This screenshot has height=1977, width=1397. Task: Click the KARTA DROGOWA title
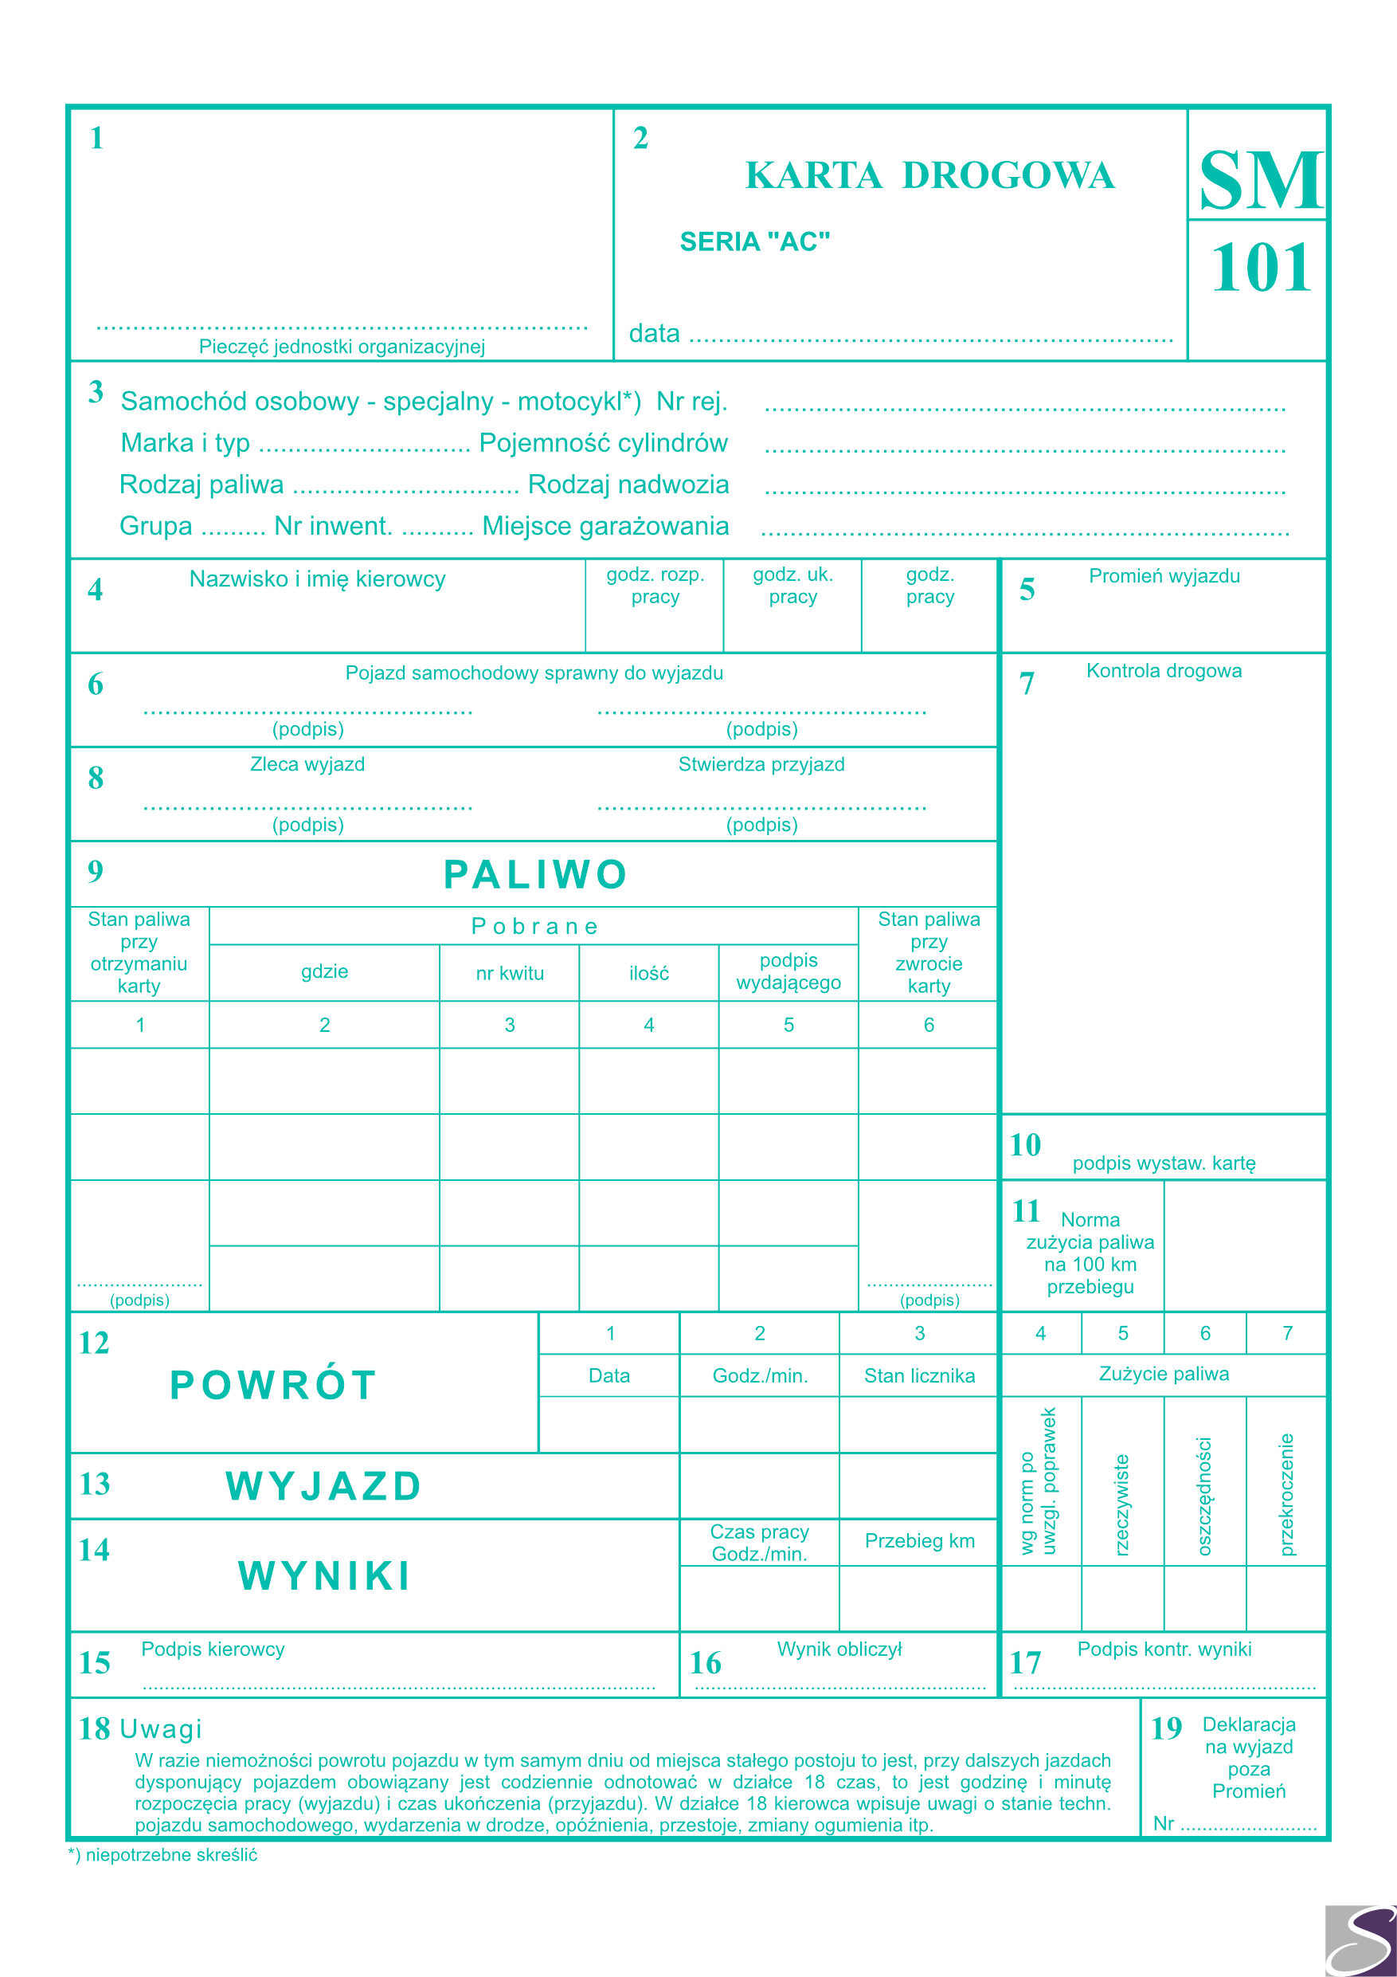929,175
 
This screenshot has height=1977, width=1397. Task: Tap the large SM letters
1260,181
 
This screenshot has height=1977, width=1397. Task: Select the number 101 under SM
1260,268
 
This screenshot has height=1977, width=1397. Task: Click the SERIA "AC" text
755,242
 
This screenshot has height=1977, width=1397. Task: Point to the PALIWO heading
534,875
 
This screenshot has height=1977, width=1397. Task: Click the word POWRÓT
273,1386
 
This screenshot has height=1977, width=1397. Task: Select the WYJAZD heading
323,1486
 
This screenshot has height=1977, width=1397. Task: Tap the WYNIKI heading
324,1575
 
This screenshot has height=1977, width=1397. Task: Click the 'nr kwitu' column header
510,973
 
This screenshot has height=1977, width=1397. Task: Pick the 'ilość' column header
649,973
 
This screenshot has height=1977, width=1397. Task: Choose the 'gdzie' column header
324,971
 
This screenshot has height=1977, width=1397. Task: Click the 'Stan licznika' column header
919,1376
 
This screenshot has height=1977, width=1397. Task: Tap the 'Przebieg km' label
919,1540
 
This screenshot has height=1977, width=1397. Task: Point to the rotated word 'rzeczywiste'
1121,1505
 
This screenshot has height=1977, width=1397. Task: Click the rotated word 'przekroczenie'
1287,1495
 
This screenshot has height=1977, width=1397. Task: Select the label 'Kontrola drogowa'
1164,671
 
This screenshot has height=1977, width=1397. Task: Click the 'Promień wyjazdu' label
1164,576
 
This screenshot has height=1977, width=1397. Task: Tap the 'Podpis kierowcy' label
213,1649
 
